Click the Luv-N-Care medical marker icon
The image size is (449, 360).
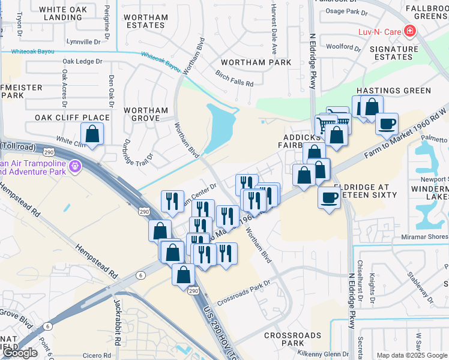[x=410, y=30]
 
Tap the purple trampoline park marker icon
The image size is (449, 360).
[x=74, y=166]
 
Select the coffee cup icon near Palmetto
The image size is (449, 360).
[x=387, y=123]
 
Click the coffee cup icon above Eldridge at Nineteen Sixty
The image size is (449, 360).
[x=328, y=197]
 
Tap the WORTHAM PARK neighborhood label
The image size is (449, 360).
[x=256, y=62]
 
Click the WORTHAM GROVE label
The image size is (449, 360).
[x=146, y=114]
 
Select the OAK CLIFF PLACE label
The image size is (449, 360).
[x=72, y=118]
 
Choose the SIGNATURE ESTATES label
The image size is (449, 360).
[x=393, y=53]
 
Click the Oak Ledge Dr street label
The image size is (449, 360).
[x=82, y=61]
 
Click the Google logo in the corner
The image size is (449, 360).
[x=20, y=353]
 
